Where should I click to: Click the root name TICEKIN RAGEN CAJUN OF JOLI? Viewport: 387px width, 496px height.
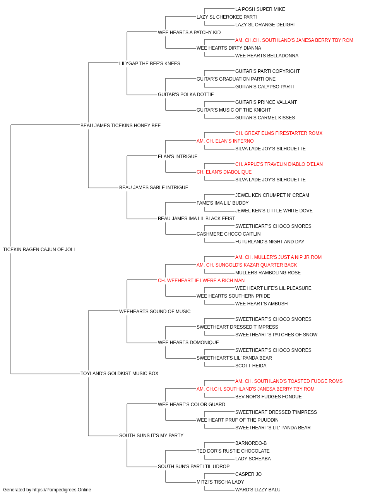39,250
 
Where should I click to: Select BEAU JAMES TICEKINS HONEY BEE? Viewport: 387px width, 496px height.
120,126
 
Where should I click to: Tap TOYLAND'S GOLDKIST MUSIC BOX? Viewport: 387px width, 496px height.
119,374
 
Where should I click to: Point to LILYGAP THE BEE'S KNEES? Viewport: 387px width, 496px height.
149,64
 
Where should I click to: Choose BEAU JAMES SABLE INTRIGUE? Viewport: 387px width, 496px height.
154,188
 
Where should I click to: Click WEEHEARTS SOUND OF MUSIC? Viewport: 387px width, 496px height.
155,312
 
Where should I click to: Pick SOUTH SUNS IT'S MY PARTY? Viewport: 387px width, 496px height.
151,436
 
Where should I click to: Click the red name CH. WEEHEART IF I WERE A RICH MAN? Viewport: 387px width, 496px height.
201,281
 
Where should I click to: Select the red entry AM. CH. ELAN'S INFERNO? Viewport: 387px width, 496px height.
225,141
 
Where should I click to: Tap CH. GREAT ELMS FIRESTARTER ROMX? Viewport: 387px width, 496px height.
279,133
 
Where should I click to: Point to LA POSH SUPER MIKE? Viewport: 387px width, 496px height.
260,9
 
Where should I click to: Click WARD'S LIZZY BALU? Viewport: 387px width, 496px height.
258,490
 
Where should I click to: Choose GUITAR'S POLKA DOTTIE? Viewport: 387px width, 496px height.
186,95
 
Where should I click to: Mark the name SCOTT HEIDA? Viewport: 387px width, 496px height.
251,366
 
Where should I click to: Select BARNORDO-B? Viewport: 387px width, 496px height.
251,443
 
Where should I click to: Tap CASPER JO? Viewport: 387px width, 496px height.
248,474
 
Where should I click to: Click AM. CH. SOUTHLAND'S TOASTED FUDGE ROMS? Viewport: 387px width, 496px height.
289,381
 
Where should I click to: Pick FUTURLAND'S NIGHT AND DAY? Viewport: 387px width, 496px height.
270,242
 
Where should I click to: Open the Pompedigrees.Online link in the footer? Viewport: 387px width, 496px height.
62,490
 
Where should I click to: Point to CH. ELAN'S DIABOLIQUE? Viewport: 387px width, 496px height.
224,172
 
